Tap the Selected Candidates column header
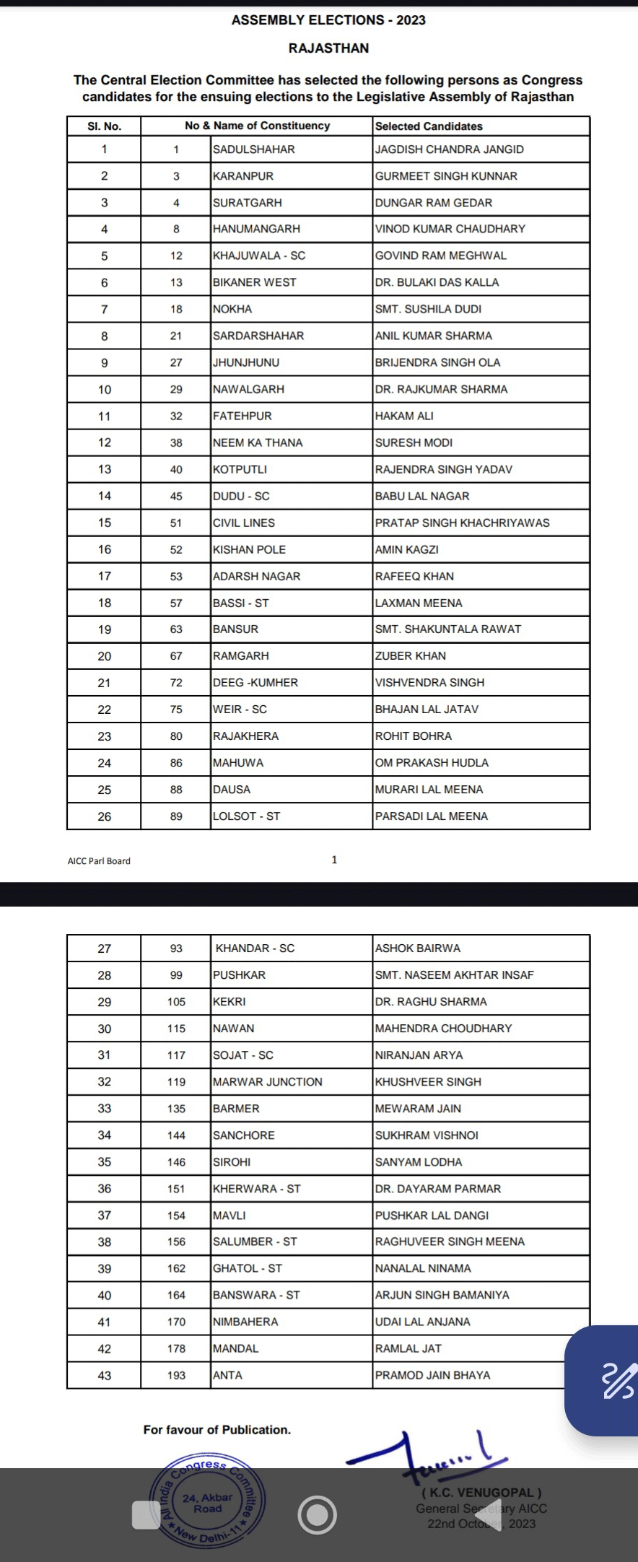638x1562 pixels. click(x=429, y=126)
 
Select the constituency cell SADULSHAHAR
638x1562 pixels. click(x=253, y=149)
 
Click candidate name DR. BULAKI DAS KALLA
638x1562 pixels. click(x=437, y=282)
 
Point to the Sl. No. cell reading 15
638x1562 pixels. click(x=105, y=523)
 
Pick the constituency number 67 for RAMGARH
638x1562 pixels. click(x=176, y=656)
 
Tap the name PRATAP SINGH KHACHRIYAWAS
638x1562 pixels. click(x=462, y=523)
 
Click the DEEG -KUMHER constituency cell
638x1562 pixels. click(x=255, y=683)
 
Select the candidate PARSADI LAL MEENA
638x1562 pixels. click(x=431, y=816)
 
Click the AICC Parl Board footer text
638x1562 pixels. click(x=99, y=860)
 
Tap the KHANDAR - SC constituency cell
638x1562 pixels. click(x=255, y=948)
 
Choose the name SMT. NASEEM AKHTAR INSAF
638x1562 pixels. click(x=454, y=975)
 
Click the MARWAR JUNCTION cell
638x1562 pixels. click(x=267, y=1082)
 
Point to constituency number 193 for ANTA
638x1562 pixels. click(x=176, y=1376)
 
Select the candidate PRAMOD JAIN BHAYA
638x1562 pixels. click(x=432, y=1376)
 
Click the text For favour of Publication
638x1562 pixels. click(x=217, y=1430)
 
